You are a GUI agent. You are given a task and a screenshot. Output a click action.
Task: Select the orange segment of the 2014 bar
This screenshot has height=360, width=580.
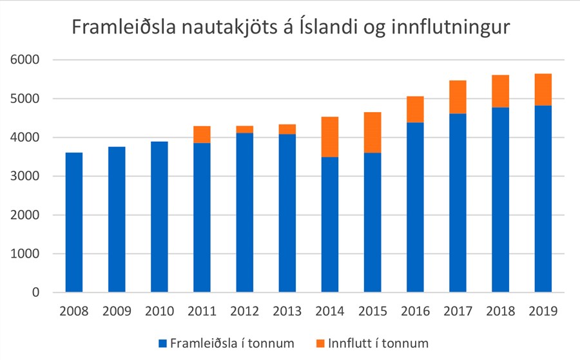(330, 137)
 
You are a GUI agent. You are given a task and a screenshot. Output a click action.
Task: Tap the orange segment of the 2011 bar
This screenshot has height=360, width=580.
(202, 134)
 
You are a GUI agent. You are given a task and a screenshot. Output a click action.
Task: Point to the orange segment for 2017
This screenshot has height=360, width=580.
(458, 97)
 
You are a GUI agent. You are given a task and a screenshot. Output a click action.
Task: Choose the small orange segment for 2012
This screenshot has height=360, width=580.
(244, 129)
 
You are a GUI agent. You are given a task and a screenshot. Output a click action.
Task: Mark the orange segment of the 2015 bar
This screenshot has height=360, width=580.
(372, 132)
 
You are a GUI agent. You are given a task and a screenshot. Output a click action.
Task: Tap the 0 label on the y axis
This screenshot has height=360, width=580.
(36, 293)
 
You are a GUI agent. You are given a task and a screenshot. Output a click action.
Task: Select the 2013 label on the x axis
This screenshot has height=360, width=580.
(287, 312)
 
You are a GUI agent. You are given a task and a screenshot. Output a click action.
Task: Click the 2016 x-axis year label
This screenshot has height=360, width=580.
(415, 312)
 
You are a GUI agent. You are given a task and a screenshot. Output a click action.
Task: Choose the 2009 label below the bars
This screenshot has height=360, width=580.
(117, 312)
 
